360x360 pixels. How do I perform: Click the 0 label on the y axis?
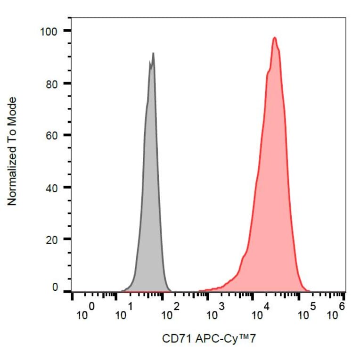tap(55, 287)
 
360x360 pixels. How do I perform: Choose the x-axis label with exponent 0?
tap(85, 312)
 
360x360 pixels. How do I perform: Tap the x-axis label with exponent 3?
tap(216, 312)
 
